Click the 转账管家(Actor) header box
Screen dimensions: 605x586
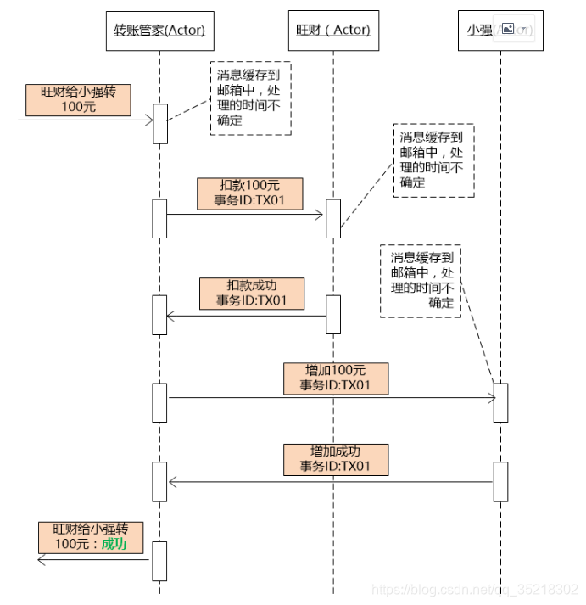pos(159,31)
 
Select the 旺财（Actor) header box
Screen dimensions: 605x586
pos(333,31)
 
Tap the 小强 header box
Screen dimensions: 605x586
pos(499,31)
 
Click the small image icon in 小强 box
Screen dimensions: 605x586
pos(508,30)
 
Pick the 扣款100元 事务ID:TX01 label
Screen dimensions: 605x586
pos(249,193)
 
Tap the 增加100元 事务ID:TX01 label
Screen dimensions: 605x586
pos(335,378)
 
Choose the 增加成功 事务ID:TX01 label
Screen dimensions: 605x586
pos(335,459)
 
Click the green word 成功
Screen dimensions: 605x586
pos(114,545)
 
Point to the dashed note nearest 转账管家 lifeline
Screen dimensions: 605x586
pos(250,98)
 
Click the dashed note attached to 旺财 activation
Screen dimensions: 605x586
pos(433,160)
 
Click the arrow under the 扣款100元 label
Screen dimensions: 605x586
pos(246,215)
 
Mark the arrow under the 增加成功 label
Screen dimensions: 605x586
pos(331,482)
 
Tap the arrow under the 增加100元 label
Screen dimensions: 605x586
pos(331,396)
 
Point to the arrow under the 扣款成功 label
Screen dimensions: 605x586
pos(246,316)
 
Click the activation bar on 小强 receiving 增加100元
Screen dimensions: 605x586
pos(500,402)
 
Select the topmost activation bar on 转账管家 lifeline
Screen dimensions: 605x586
pos(159,124)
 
